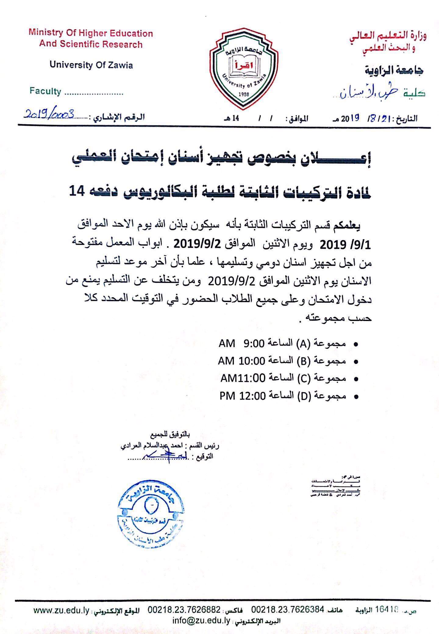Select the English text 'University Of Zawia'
(91, 65)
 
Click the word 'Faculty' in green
(45, 91)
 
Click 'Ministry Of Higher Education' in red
(91, 33)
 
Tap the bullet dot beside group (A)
(355, 344)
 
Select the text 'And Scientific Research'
(91, 45)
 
